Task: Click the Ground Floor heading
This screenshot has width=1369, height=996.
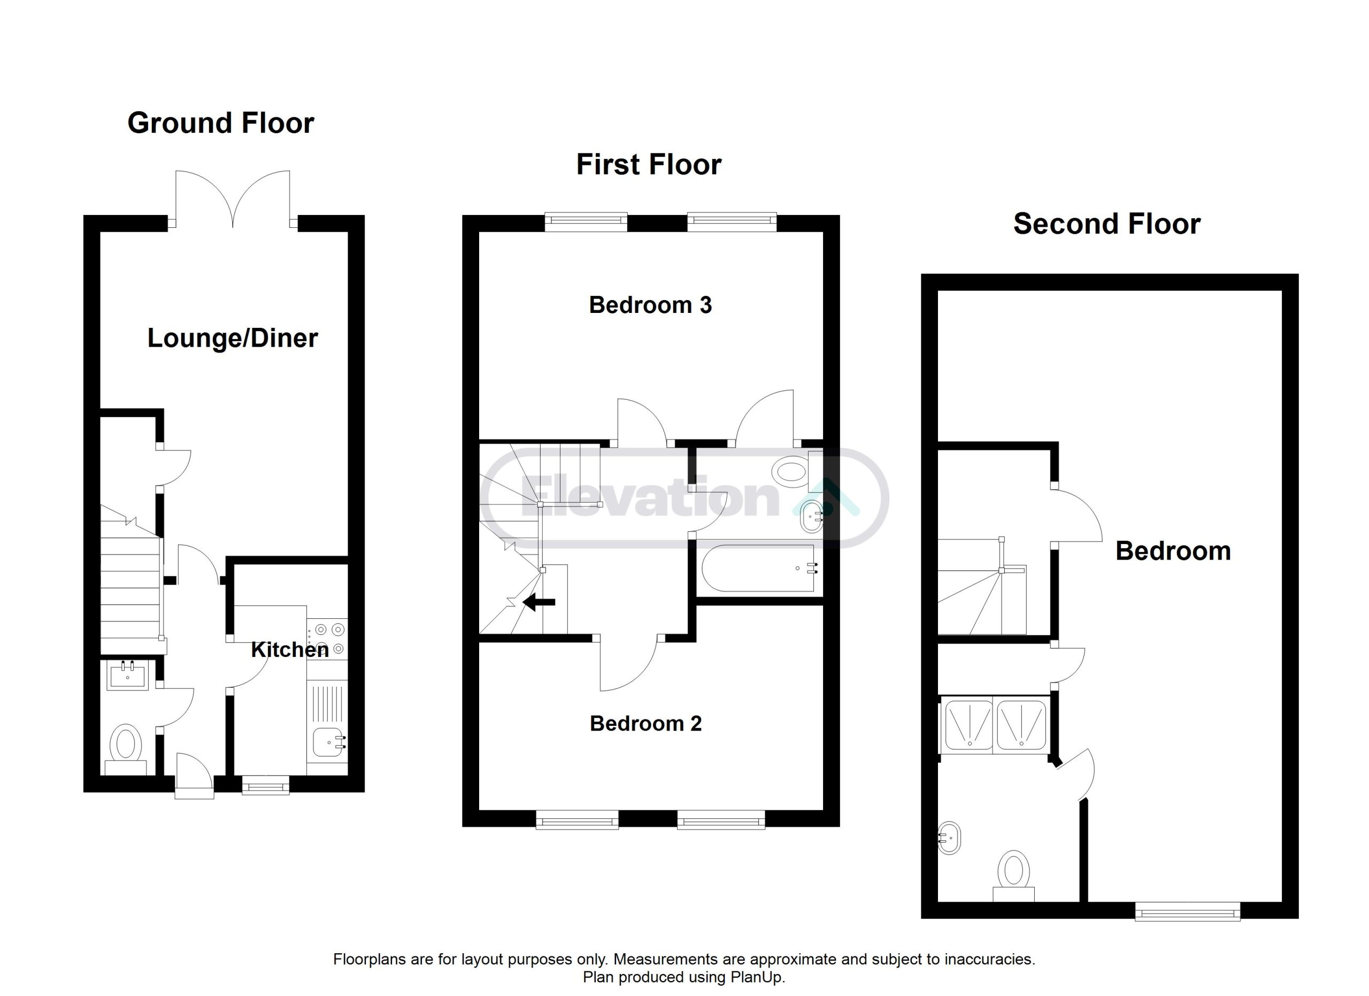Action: pyautogui.click(x=220, y=123)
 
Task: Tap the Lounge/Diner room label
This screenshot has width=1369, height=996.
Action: pyautogui.click(x=233, y=338)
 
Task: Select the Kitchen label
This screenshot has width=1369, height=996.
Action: pyautogui.click(x=290, y=649)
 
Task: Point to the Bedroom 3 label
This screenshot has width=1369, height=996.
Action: pyautogui.click(x=650, y=305)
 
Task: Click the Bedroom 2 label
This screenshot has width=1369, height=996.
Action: pyautogui.click(x=646, y=723)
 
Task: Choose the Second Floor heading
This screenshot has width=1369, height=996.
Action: pyautogui.click(x=1106, y=224)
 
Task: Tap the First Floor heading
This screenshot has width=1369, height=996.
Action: pyautogui.click(x=649, y=164)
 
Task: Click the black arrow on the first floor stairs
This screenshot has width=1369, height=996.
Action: pyautogui.click(x=539, y=602)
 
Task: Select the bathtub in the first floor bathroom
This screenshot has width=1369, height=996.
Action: pyautogui.click(x=758, y=569)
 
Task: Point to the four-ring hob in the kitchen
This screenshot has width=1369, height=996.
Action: pyautogui.click(x=327, y=639)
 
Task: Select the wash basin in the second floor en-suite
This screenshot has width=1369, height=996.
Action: pyautogui.click(x=950, y=838)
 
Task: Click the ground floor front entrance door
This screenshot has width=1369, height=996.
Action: pyautogui.click(x=194, y=776)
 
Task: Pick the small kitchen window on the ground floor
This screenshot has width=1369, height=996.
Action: pyautogui.click(x=266, y=784)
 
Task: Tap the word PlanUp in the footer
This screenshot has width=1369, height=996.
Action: pyautogui.click(x=759, y=977)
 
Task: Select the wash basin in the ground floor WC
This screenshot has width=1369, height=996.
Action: pyautogui.click(x=127, y=675)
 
